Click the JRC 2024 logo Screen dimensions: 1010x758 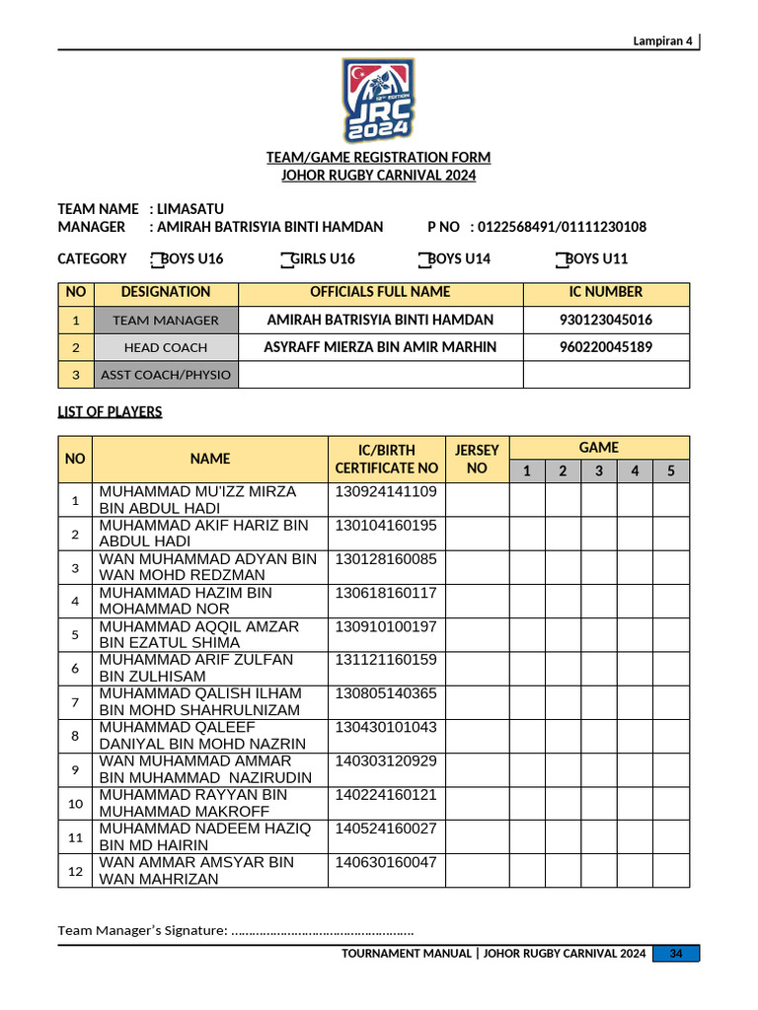point(379,101)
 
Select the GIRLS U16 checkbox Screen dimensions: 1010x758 point(285,259)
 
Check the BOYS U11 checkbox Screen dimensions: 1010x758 point(561,259)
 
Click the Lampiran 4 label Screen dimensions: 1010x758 point(663,40)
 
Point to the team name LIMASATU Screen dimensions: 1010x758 point(190,209)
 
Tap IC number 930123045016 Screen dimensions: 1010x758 point(606,321)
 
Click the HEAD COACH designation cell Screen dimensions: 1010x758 point(166,347)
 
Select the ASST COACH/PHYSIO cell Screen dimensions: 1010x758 point(166,375)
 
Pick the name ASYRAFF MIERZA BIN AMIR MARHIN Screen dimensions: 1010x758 point(380,347)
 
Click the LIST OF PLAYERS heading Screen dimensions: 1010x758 point(110,412)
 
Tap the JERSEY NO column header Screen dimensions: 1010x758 point(477,459)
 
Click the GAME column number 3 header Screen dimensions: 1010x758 point(598,471)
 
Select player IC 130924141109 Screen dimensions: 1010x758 point(386,492)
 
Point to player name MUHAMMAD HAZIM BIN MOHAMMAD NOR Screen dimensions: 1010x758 point(186,601)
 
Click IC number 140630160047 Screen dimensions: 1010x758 point(386,862)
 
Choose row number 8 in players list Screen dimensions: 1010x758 point(75,736)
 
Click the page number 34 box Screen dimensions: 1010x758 point(676,954)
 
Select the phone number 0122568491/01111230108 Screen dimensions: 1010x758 point(562,227)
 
